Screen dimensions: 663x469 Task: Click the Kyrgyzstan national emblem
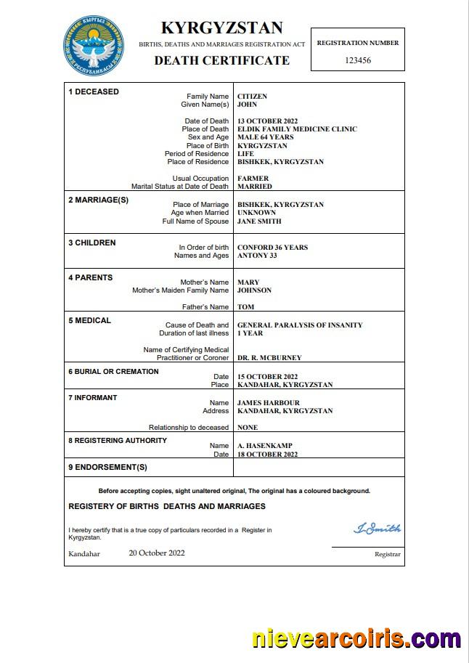coord(93,44)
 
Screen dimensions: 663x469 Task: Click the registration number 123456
coord(358,60)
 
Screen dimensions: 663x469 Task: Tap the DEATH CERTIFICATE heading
coord(221,60)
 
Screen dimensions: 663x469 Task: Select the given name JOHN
coord(248,105)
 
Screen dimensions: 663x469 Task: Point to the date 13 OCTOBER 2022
coord(268,121)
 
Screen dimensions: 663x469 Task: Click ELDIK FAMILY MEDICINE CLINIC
coord(297,129)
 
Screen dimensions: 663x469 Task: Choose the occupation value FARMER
coord(253,178)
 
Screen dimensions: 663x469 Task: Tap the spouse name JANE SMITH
coord(259,221)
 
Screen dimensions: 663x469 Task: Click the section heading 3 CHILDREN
coord(91,243)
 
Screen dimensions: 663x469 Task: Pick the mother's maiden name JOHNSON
coord(254,290)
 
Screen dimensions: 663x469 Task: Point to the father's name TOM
coord(245,307)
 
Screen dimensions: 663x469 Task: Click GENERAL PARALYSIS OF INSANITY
coord(300,325)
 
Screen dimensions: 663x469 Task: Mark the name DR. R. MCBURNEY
coord(269,358)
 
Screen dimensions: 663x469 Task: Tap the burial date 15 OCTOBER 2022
coord(268,377)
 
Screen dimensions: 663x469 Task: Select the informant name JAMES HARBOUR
coord(269,403)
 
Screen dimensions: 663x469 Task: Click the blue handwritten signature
coord(377,528)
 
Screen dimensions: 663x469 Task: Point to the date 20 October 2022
coord(157,553)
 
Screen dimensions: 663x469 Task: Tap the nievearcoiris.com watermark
coord(356,639)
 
